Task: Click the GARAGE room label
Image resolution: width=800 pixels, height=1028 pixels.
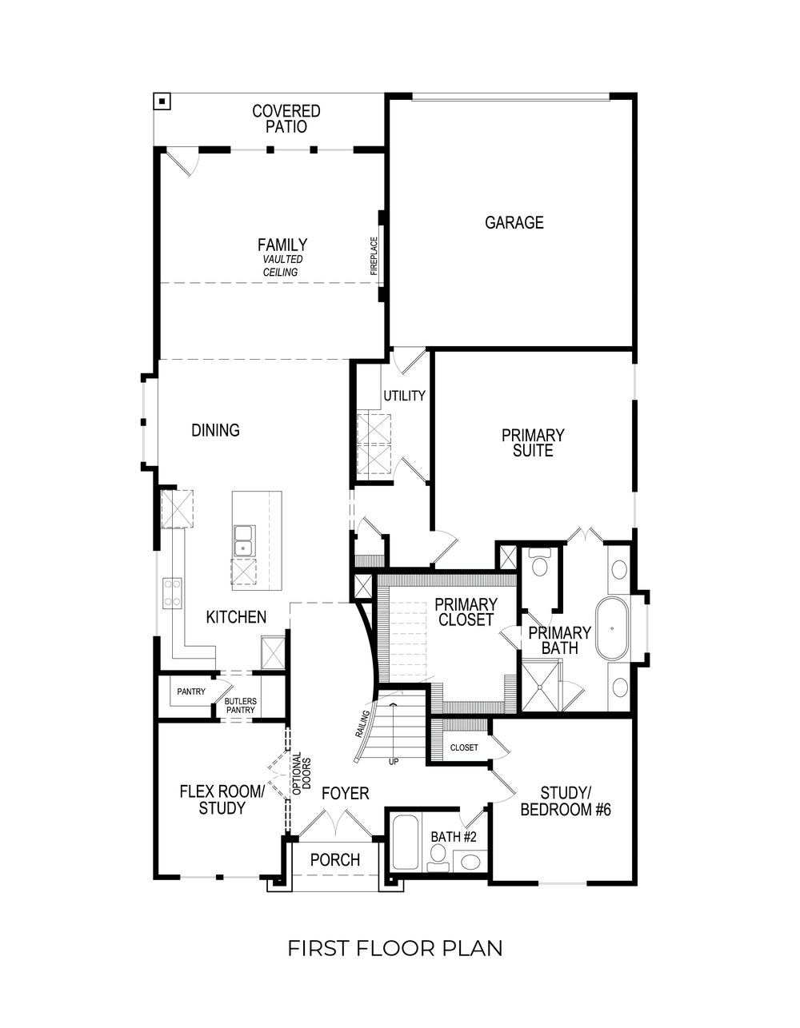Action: pos(514,223)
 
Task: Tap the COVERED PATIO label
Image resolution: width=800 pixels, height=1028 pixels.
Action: pos(286,119)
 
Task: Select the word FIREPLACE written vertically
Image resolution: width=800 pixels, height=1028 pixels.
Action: pos(374,256)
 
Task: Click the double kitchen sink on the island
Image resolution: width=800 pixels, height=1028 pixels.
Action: pos(243,540)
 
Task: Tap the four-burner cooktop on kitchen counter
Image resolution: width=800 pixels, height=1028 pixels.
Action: pos(173,593)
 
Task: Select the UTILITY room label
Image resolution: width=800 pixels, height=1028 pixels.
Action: pos(404,396)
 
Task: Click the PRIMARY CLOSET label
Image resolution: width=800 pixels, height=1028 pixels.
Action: pos(466,612)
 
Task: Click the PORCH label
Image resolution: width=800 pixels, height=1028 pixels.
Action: pos(334,860)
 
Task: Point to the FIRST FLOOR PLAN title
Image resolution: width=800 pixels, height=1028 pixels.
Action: pos(395,948)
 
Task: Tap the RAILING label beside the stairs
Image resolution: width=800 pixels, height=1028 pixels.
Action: pos(362,723)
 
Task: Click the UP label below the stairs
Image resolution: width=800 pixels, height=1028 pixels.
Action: pos(394,762)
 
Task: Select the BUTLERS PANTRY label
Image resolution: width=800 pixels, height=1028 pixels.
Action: pos(241,705)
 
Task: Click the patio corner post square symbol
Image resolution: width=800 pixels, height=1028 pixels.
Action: pos(162,102)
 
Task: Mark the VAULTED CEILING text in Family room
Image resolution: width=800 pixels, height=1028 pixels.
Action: pos(281,265)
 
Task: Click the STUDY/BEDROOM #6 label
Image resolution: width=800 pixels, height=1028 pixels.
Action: pos(566,801)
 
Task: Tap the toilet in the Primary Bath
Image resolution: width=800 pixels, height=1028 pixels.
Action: pos(539,564)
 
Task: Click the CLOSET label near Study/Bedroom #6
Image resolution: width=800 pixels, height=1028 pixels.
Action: pos(464,747)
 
